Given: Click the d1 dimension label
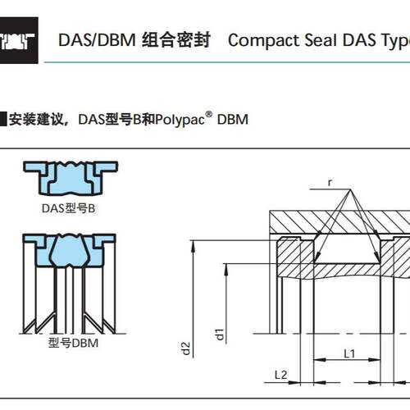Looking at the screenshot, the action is tap(220, 334).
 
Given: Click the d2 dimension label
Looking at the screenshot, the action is tap(186, 348).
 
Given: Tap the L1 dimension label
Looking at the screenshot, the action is tap(349, 353).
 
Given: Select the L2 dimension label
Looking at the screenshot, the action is tap(280, 375).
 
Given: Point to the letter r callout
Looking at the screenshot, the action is tap(330, 182).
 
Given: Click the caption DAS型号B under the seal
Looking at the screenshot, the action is tap(68, 208).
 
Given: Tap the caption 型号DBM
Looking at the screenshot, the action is tap(73, 343).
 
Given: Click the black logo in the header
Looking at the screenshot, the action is tap(19, 40).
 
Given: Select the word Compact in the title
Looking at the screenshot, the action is tap(264, 40).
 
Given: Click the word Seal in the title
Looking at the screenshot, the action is tap(321, 40).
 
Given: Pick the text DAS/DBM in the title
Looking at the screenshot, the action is tap(97, 40).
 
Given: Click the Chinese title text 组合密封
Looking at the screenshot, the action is tap(176, 40).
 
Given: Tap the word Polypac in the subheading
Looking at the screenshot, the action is tap(180, 120).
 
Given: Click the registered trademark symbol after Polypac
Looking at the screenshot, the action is tap(208, 114).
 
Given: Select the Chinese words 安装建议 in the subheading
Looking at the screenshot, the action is tap(36, 120).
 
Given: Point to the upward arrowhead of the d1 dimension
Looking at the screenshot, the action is tap(226, 270).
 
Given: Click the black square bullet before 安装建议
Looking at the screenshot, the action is tap(3, 119).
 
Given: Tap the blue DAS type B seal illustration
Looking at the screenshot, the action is tap(71, 178).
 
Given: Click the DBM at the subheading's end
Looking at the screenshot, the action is tap(233, 120).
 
